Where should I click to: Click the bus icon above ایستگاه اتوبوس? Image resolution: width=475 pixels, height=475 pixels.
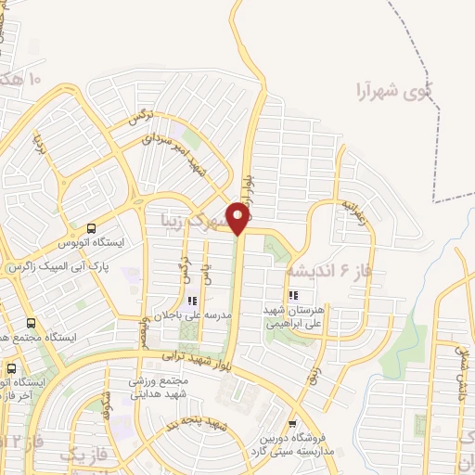point(91,228)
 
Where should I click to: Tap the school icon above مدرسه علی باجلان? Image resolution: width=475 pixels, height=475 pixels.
point(193,300)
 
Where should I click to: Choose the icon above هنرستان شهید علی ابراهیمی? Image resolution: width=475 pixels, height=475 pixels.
point(294,295)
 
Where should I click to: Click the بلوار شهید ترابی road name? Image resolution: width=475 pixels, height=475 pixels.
point(189,356)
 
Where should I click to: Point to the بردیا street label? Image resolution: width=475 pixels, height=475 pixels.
point(40,144)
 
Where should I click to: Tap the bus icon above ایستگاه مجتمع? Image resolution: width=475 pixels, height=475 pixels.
point(31,324)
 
